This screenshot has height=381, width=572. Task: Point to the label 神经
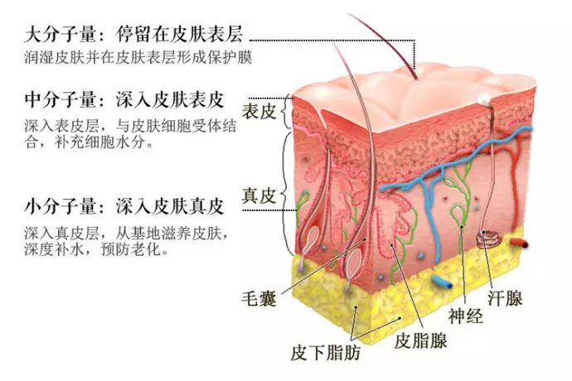click(x=465, y=316)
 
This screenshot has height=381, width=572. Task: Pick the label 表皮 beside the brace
click(x=258, y=111)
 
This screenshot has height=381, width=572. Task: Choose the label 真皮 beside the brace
click(x=258, y=196)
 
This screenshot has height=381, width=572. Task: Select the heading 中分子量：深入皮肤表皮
click(x=125, y=101)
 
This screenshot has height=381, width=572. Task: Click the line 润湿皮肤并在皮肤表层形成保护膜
click(x=138, y=59)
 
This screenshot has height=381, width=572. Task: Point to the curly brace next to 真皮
click(x=287, y=195)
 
